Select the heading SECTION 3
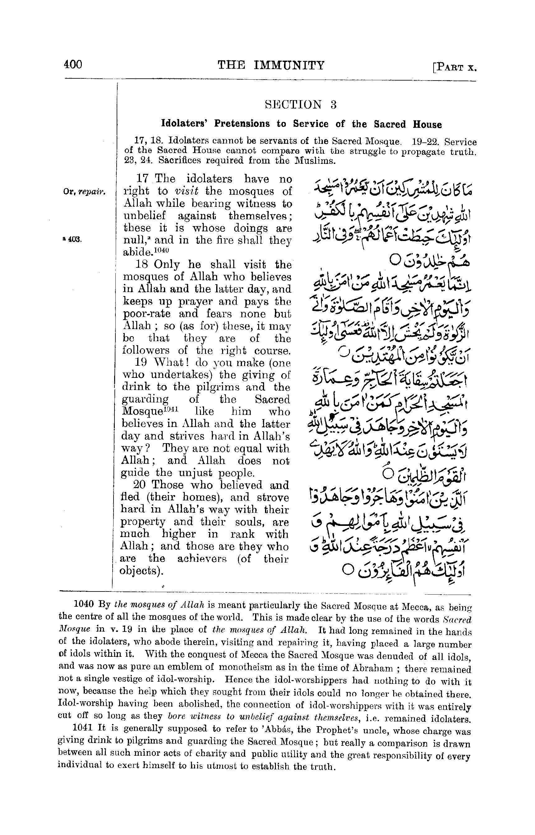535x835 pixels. pyautogui.click(x=300, y=104)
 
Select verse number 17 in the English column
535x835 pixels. pyautogui.click(x=142, y=179)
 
